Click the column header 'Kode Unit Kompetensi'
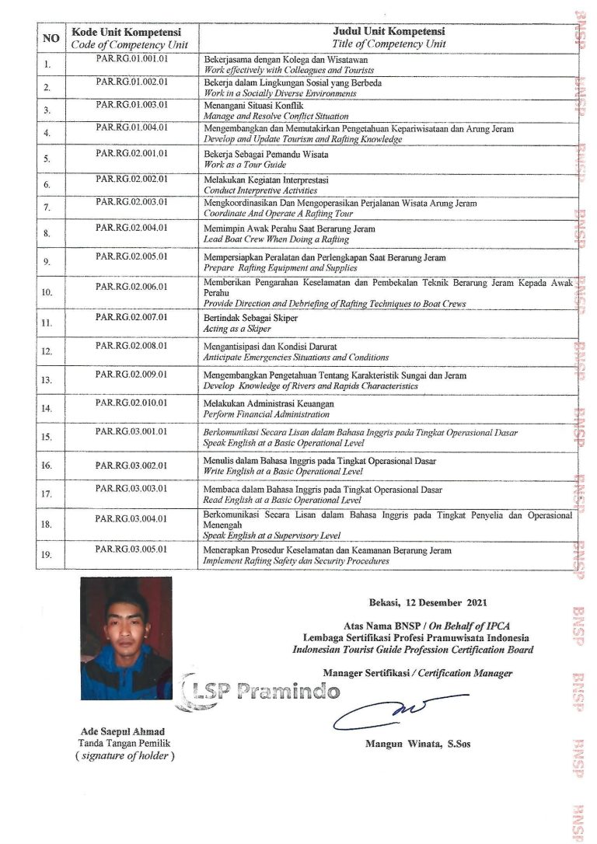coord(126,33)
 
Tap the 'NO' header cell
coord(51,38)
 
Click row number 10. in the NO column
coord(47,293)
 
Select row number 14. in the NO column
coord(47,408)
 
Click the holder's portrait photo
coord(126,638)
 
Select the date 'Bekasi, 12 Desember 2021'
coord(428,602)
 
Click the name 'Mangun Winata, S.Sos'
coord(417,744)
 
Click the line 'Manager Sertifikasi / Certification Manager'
coord(417,672)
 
